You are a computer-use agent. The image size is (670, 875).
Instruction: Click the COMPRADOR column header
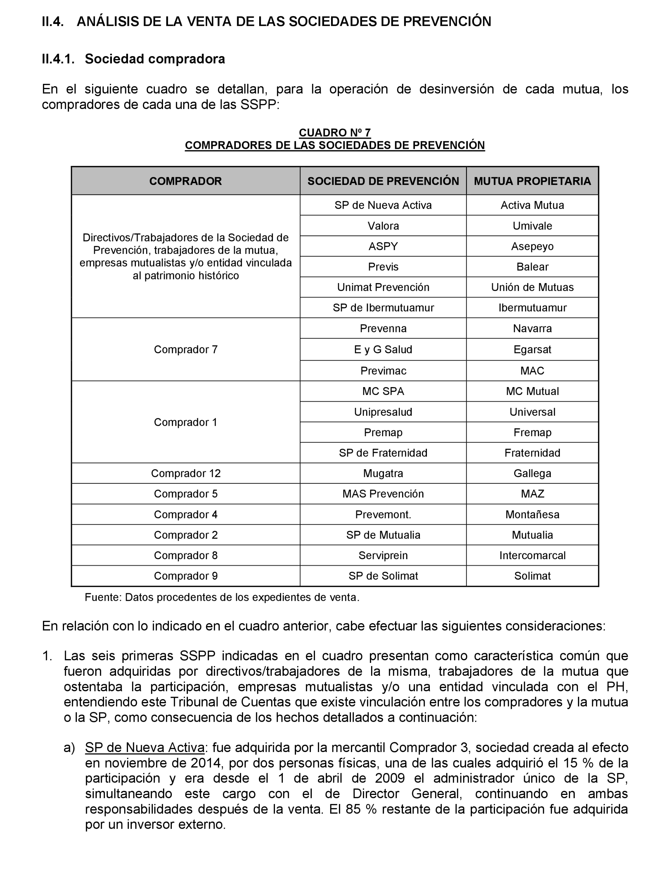[185, 181]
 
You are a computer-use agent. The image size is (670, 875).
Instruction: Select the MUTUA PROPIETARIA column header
[532, 181]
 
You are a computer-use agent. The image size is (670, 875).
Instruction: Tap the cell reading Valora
[383, 226]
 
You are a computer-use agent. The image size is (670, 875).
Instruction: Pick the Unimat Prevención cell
[383, 287]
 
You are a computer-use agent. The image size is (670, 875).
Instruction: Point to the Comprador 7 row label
[185, 350]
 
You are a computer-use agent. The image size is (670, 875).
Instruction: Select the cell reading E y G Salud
[383, 350]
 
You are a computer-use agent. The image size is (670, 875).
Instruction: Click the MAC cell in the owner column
[532, 371]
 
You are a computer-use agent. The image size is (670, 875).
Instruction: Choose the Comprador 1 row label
[185, 422]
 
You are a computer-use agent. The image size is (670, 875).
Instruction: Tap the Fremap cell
[532, 432]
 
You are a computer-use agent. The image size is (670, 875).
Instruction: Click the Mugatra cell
[383, 473]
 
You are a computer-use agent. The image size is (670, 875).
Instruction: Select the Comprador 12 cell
[185, 473]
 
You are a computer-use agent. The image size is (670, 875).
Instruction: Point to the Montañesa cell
[532, 514]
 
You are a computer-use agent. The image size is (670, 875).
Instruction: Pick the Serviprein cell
[383, 555]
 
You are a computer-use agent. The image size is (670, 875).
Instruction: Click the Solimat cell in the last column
[532, 576]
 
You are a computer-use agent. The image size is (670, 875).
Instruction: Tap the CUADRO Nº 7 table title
[335, 132]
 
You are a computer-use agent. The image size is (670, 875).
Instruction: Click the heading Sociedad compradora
[155, 59]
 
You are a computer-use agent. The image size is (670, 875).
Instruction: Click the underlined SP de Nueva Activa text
[145, 747]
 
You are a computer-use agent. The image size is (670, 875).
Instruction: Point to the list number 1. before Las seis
[47, 656]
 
